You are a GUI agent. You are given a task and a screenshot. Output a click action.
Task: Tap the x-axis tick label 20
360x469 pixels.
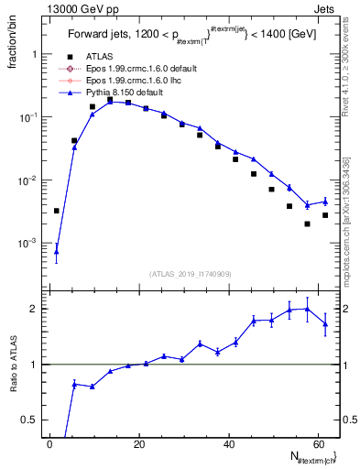pos(139,444)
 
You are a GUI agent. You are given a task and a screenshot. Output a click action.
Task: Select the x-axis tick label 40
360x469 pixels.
pos(229,444)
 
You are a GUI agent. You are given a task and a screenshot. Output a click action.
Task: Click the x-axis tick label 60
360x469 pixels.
pos(319,444)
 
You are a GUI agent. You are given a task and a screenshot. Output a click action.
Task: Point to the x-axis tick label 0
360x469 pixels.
pos(50,444)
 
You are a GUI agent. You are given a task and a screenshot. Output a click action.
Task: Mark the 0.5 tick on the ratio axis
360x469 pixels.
pos(31,420)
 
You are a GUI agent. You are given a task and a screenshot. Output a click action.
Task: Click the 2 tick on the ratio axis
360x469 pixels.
pos(35,309)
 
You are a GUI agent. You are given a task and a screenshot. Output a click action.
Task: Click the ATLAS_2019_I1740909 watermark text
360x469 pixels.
pos(190,274)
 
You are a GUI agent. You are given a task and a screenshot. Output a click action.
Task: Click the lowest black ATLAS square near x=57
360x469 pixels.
pos(307,224)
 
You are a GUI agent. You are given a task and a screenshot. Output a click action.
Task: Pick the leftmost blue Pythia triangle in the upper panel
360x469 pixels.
pos(57,251)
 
